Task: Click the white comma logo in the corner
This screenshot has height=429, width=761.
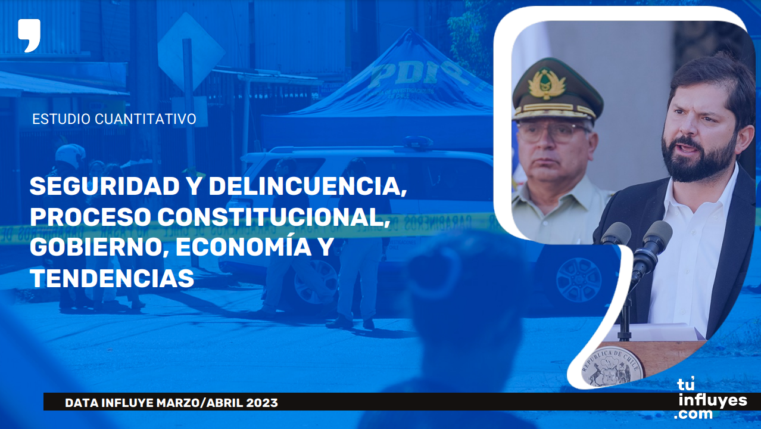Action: [x=29, y=35]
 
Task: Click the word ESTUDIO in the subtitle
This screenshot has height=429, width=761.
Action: [x=61, y=119]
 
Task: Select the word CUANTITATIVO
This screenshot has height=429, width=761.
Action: [x=145, y=119]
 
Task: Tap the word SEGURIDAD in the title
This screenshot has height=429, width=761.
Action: [x=105, y=186]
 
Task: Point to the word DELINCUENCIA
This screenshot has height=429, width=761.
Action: [x=307, y=187]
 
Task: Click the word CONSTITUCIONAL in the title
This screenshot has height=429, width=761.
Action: [x=273, y=217]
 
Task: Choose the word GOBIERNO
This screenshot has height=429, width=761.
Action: [x=99, y=248]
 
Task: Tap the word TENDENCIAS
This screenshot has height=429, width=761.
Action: [x=112, y=278]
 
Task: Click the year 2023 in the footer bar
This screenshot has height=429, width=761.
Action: [x=262, y=403]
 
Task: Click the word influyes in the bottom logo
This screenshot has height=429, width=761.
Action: [x=713, y=402]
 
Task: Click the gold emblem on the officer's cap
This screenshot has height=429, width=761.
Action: [x=547, y=83]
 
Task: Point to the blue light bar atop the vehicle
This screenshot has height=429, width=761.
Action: [x=418, y=142]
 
